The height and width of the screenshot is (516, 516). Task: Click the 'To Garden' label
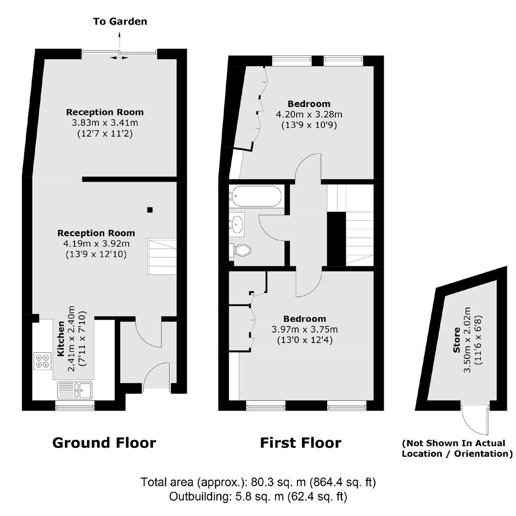point(120,21)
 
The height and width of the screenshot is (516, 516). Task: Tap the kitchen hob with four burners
point(42,361)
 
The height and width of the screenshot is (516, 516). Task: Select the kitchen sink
point(75,390)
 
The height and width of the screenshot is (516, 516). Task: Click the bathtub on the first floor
point(255,196)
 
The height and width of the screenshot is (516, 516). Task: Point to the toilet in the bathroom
point(241,251)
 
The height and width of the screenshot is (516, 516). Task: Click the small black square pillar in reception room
point(150,210)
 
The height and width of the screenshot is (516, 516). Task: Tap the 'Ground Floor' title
point(104,442)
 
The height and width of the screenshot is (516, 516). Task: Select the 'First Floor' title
point(300,442)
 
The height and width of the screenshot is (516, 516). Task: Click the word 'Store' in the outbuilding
point(456,340)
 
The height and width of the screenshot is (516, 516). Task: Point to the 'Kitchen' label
point(61,339)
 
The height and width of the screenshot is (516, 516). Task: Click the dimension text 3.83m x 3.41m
point(105,123)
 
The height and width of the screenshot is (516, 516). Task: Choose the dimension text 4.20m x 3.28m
point(309,115)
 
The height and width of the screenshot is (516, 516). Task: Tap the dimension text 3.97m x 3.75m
point(305,329)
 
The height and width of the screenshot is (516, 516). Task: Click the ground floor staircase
point(161,257)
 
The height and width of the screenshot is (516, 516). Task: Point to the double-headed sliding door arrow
point(119,58)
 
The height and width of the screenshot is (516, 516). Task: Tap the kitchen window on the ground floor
point(75,406)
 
